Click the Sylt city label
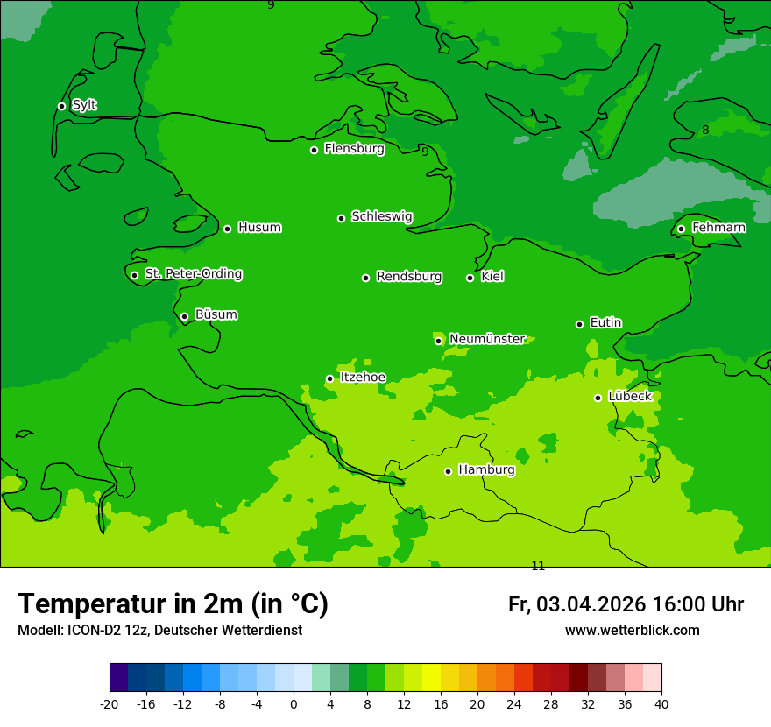(84, 105)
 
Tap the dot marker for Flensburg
(314, 150)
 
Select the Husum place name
(259, 228)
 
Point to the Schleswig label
(381, 216)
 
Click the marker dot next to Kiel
(470, 278)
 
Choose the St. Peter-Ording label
(193, 273)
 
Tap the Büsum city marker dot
(184, 317)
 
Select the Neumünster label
(487, 339)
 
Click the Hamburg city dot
(448, 471)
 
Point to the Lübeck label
(629, 396)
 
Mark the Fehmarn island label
(718, 228)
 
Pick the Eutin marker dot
(579, 324)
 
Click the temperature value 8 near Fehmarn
(705, 131)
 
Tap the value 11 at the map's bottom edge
(538, 566)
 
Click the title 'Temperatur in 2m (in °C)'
(173, 603)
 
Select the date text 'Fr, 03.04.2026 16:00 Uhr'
(626, 604)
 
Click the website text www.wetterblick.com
(632, 630)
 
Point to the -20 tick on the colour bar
(110, 703)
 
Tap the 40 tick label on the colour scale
(661, 703)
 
